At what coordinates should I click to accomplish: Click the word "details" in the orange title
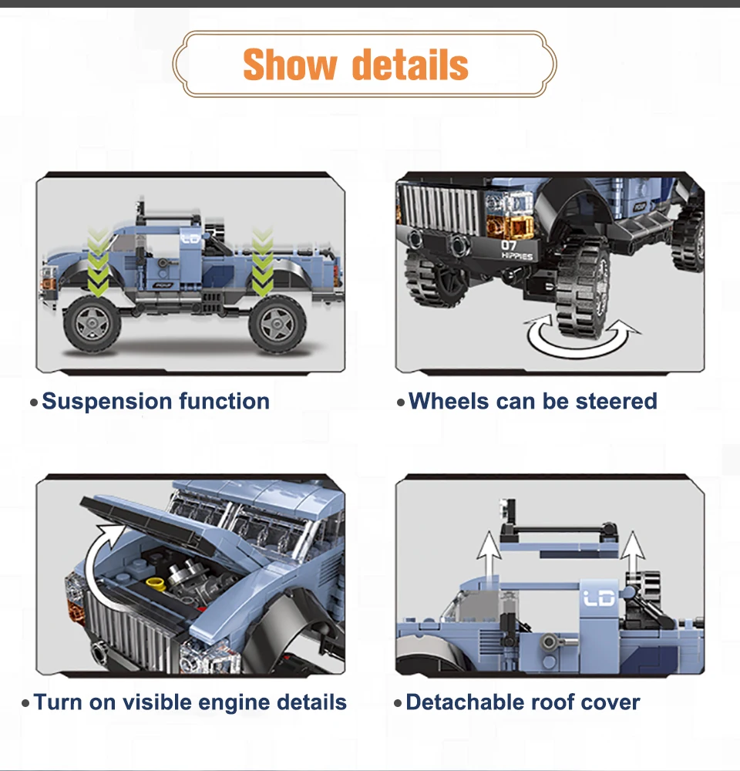click(410, 65)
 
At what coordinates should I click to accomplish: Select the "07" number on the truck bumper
click(510, 245)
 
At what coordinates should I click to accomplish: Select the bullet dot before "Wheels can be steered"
click(400, 402)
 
